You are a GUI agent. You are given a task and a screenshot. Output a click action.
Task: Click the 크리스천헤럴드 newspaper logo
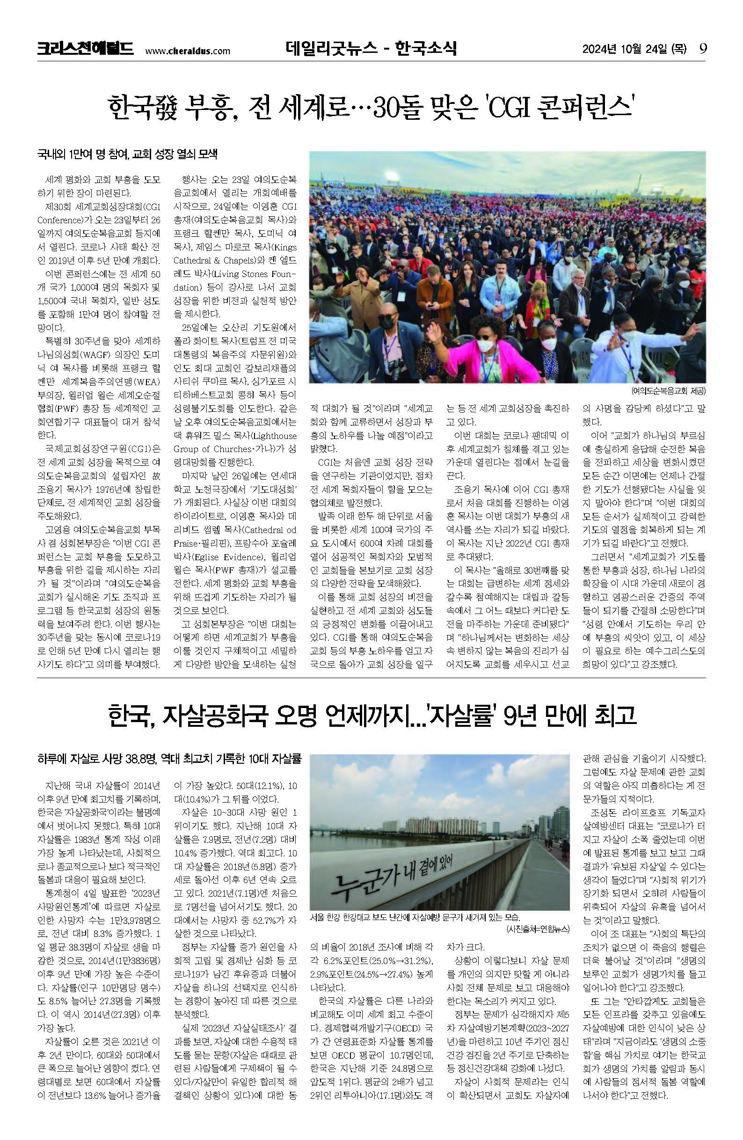click(85, 49)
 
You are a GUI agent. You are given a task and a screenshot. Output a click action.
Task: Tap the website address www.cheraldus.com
click(187, 51)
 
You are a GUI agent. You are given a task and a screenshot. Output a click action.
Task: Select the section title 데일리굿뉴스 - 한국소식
click(371, 48)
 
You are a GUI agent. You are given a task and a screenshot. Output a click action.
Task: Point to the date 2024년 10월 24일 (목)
click(634, 49)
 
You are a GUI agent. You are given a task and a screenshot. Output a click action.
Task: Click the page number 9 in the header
click(703, 49)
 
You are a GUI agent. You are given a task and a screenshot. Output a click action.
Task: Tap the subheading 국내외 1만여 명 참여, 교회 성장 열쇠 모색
click(127, 155)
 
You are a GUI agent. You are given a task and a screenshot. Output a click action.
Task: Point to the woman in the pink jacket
click(484, 350)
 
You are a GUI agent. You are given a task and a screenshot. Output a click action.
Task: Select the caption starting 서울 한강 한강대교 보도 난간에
click(415, 918)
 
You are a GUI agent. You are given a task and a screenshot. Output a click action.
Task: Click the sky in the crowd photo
click(479, 165)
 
